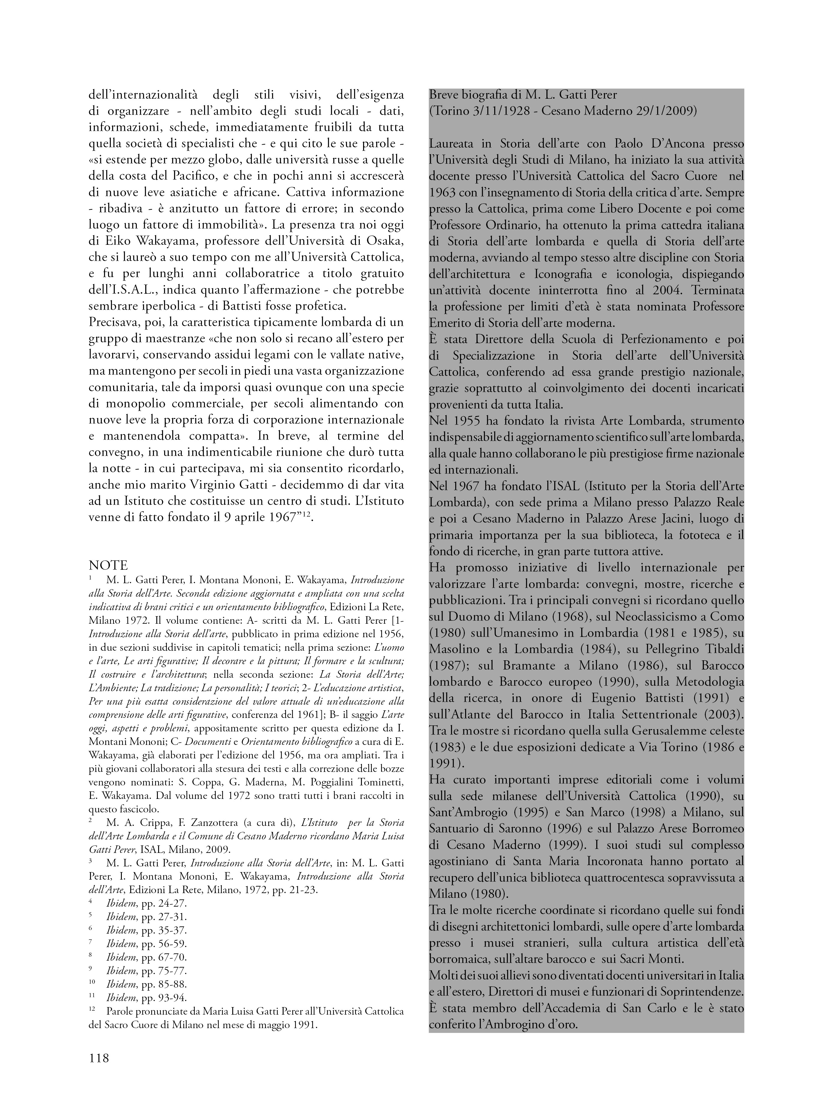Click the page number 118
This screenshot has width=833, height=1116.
point(99,1057)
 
